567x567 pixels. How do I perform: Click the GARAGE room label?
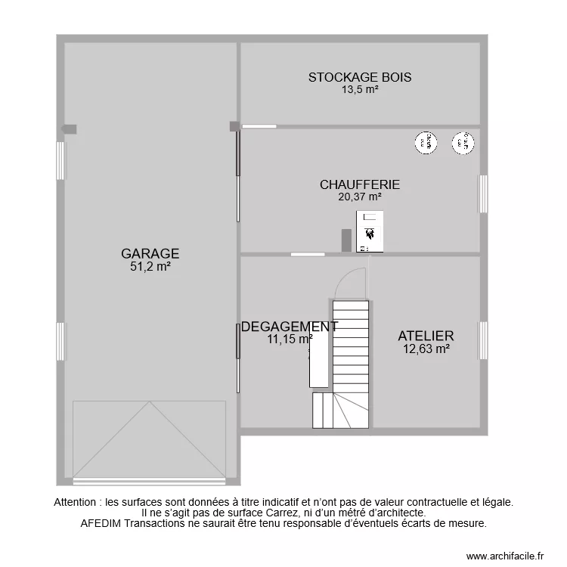point(150,254)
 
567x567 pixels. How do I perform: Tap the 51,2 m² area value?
point(150,266)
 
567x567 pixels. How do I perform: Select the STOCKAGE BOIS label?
point(359,77)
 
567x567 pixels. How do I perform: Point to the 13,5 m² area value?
point(359,89)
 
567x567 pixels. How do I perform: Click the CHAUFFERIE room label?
point(359,184)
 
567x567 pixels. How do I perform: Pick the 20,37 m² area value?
point(359,197)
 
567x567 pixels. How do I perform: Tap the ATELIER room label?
point(426,336)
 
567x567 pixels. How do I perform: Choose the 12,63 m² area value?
point(426,349)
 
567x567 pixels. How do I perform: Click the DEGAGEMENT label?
point(289,327)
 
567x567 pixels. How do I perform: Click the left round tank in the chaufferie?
point(426,142)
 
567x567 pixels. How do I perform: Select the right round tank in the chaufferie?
point(463,142)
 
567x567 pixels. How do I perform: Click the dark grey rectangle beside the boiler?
point(346,240)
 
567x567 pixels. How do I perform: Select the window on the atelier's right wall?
point(482,340)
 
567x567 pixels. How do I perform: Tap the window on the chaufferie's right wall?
point(482,194)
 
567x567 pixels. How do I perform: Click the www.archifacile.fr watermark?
point(505,556)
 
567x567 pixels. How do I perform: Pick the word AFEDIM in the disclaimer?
point(100,522)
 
